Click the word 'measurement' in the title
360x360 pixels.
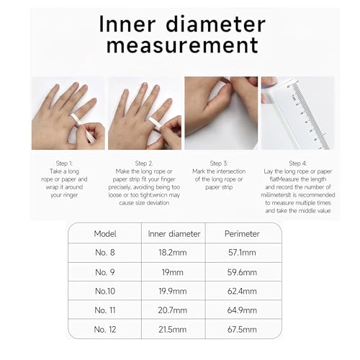pos(179,45)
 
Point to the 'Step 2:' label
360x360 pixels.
pos(143,163)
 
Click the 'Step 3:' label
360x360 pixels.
pos(218,163)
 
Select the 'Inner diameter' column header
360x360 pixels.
pos(173,234)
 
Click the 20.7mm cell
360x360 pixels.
pos(174,310)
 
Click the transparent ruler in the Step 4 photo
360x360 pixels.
pos(302,115)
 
